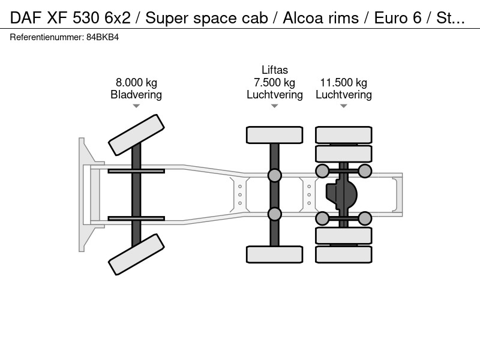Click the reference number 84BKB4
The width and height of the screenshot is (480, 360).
[x=103, y=37]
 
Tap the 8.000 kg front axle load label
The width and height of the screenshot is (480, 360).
[x=136, y=83]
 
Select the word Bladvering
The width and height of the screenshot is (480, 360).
[x=136, y=95]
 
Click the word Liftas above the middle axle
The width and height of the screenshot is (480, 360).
[x=275, y=70]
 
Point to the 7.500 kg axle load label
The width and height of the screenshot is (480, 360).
[x=275, y=83]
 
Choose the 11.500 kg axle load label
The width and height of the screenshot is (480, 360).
[x=343, y=83]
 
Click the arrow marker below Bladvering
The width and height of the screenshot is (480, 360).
[x=136, y=106]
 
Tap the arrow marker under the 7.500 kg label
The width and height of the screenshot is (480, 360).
[x=275, y=106]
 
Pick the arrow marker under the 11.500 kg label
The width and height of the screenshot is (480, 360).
[x=343, y=106]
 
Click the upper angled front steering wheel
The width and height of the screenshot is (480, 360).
[x=137, y=135]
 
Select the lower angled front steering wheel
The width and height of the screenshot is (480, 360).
[x=137, y=254]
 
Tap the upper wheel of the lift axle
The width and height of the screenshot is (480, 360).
[x=275, y=135]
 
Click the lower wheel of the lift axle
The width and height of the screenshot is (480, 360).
[x=275, y=254]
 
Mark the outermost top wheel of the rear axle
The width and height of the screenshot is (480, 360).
[x=343, y=135]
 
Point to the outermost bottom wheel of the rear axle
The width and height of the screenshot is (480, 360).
[x=343, y=254]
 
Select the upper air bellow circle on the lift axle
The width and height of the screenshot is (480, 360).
[x=275, y=175]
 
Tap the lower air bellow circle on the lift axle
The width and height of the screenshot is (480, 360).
[x=275, y=214]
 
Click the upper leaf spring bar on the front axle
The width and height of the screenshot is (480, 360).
[x=136, y=171]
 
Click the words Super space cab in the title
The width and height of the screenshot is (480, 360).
[x=206, y=18]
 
